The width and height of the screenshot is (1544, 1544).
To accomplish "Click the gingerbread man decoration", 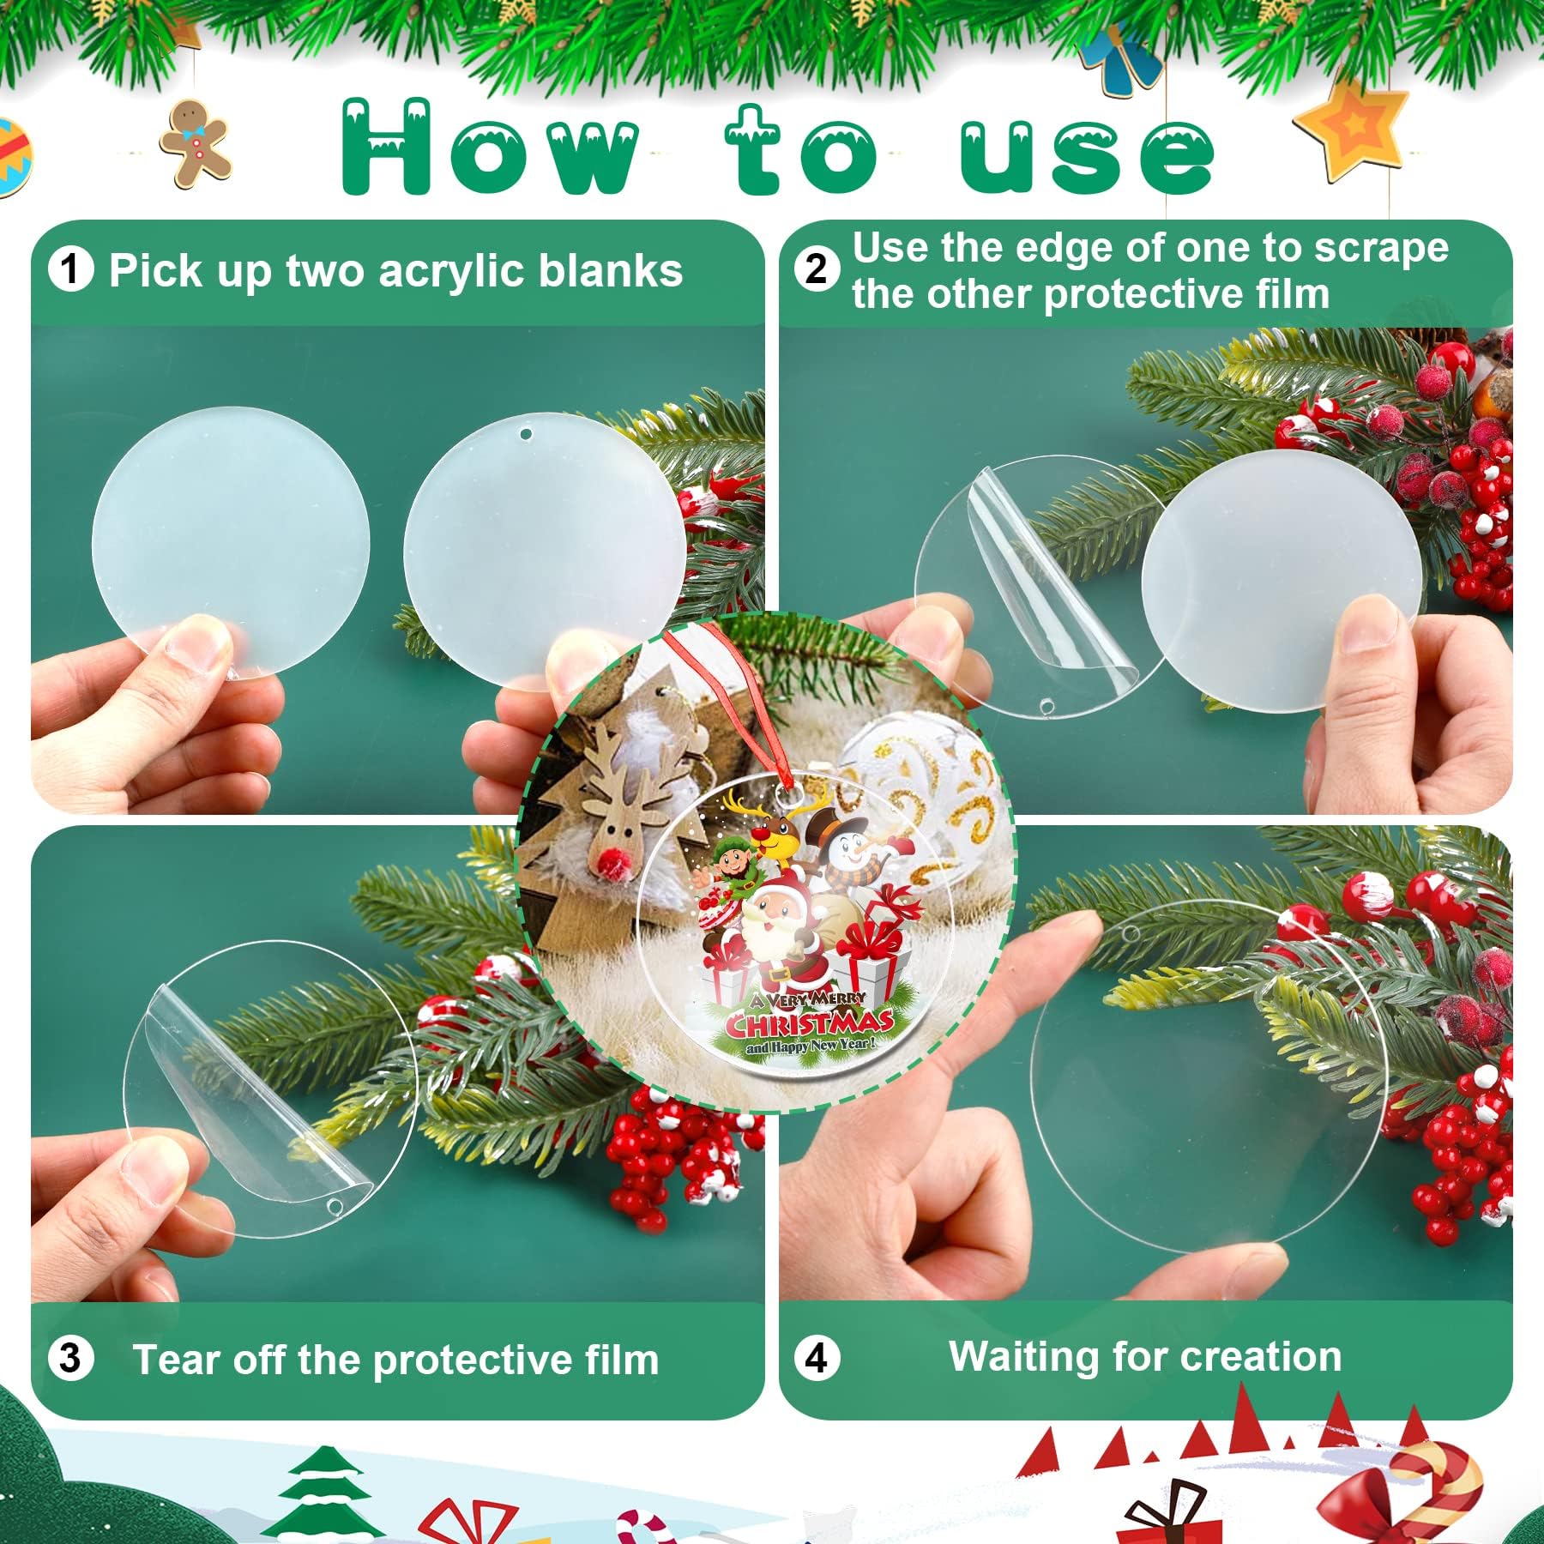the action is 196,142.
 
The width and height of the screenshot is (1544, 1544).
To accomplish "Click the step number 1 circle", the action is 70,269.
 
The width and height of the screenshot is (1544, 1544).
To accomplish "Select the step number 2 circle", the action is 817,268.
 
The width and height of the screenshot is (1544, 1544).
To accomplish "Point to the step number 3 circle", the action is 70,1358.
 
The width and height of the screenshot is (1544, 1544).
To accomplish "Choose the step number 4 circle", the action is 817,1358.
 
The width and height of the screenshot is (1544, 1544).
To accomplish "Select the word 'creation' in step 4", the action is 1261,1357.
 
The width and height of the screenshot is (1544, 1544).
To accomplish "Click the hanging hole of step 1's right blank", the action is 526,435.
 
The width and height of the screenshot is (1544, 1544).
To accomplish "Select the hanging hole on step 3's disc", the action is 335,1206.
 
